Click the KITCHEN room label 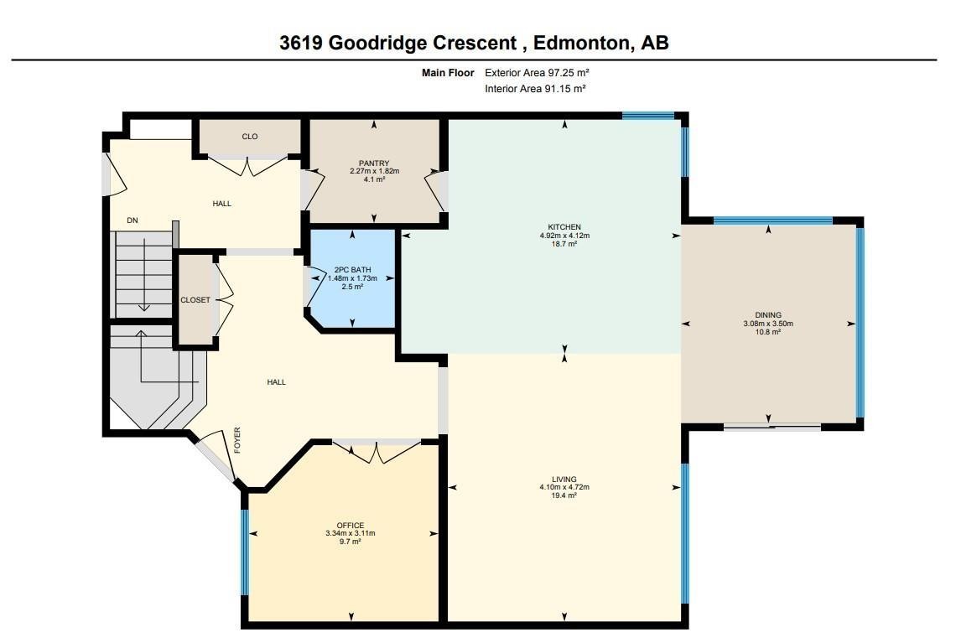coord(564,227)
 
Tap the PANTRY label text coord(374,163)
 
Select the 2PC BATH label coord(352,270)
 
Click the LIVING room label coord(564,480)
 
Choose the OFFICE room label coord(350,526)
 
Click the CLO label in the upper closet coord(249,137)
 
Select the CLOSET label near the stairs coord(195,300)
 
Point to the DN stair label coord(132,220)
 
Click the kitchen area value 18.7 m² coord(564,244)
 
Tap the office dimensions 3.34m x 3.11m coord(350,534)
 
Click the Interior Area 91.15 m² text coord(534,89)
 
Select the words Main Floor coord(447,73)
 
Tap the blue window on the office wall coord(245,552)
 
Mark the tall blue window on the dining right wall coord(859,323)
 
